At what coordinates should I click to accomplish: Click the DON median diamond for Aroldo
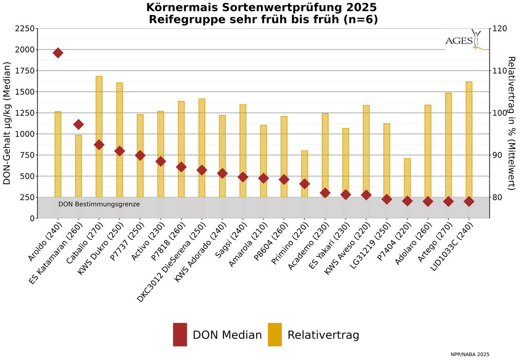pyautogui.click(x=58, y=52)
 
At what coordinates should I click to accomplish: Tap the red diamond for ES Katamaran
pyautogui.click(x=79, y=124)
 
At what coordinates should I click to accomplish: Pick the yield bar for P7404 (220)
pyautogui.click(x=407, y=178)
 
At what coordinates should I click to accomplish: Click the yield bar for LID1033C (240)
pyautogui.click(x=469, y=141)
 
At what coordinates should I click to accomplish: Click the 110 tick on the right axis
pyautogui.click(x=498, y=71)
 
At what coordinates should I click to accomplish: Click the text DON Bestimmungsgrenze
pyautogui.click(x=99, y=204)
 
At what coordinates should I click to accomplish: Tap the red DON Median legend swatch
pyautogui.click(x=180, y=335)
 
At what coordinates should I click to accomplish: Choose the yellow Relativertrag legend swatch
pyautogui.click(x=275, y=335)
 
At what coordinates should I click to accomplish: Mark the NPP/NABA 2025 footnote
pyautogui.click(x=470, y=354)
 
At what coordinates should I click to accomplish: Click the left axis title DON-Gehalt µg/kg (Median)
pyautogui.click(x=7, y=124)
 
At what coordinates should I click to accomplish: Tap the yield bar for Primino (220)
pyautogui.click(x=305, y=173)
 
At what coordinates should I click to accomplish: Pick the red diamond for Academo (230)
pyautogui.click(x=325, y=193)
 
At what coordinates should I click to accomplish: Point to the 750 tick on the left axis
pyautogui.click(x=26, y=155)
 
